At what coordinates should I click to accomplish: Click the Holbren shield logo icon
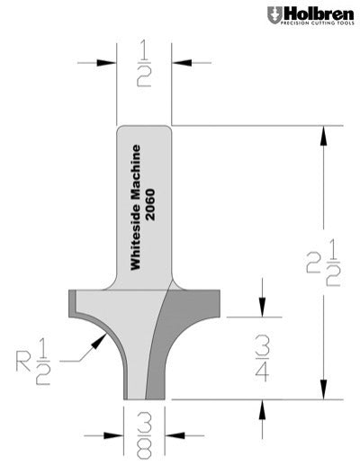(273, 15)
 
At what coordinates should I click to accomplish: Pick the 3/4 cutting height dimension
(261, 357)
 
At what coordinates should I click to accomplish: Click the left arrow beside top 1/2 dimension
(110, 63)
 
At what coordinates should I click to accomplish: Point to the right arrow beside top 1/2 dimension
(177, 63)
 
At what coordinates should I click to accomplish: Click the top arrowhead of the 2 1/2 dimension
(320, 131)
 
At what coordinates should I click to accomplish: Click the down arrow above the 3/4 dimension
(261, 309)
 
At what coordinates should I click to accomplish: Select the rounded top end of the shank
(143, 130)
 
